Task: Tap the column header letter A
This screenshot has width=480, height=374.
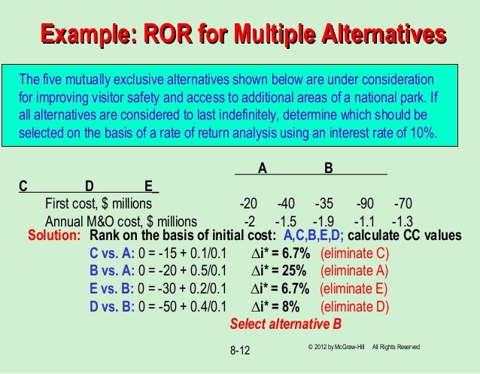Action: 262,169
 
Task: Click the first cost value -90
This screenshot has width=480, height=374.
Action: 366,204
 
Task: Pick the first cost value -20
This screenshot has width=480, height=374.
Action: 248,204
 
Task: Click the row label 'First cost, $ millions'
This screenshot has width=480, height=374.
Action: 99,204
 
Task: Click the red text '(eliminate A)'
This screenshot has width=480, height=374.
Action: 354,270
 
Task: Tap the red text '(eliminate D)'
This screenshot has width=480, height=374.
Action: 354,306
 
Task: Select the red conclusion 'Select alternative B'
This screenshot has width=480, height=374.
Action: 285,325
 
